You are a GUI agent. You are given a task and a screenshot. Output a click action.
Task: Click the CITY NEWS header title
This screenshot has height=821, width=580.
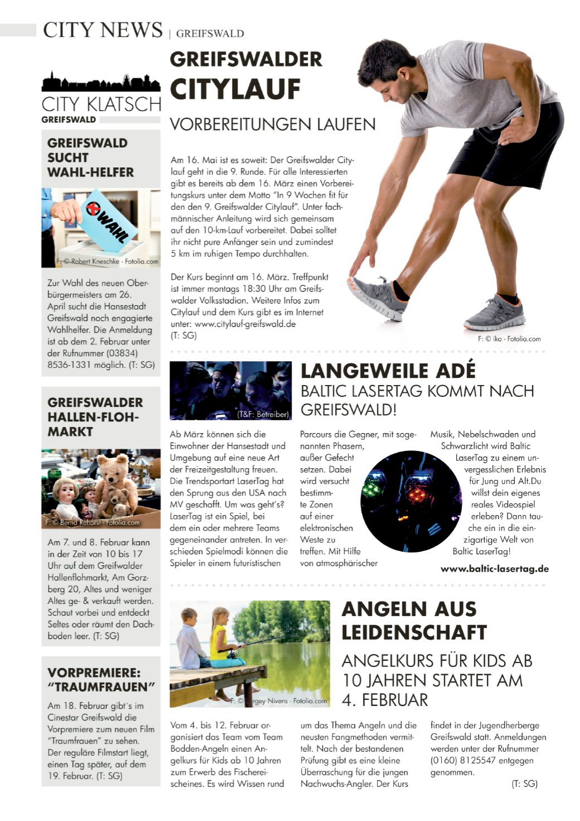(103, 30)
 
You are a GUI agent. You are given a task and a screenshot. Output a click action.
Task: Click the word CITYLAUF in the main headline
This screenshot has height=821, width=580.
(235, 89)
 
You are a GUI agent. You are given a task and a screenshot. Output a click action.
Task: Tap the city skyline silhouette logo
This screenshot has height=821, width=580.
(101, 83)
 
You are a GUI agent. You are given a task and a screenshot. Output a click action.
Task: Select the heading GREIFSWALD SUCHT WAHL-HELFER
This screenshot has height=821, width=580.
(90, 157)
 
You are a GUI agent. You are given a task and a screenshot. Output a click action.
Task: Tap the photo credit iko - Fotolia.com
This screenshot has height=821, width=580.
(509, 339)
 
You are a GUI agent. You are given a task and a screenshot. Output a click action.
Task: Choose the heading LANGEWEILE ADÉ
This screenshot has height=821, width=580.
(388, 371)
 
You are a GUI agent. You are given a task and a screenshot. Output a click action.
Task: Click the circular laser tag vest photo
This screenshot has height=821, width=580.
(410, 501)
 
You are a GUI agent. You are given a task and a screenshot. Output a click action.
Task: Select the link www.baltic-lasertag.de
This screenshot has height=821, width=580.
(495, 569)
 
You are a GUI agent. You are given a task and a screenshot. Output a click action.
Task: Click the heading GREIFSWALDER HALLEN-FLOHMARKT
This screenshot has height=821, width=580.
(95, 417)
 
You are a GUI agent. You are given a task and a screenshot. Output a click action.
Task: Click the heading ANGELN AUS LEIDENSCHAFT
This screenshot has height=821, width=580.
(414, 621)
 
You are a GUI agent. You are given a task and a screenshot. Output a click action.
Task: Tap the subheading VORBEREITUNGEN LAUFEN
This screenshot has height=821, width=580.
(272, 124)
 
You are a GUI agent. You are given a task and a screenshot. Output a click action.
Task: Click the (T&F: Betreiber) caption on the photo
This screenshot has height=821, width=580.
(263, 414)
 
